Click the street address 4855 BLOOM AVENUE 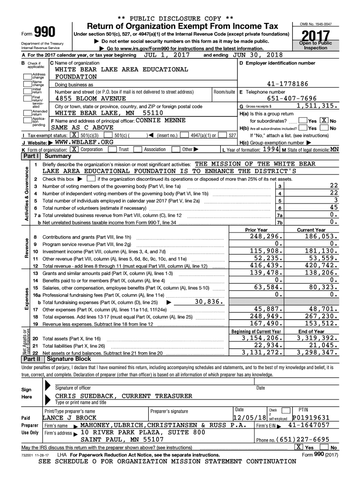[91, 99]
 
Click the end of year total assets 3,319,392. [313, 338]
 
